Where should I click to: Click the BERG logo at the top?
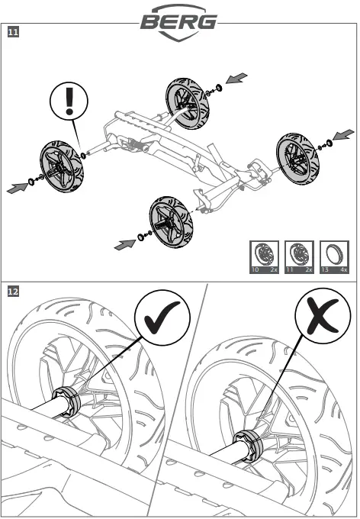point(178,22)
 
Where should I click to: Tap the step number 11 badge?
point(13,32)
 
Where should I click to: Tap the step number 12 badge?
point(13,292)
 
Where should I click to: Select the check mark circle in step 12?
point(162,318)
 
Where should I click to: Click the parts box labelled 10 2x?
point(264,257)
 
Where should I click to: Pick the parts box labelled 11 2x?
point(299,257)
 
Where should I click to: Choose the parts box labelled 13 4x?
point(334,257)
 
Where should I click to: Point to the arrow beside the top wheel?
point(236,78)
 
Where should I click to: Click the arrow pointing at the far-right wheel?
point(343,135)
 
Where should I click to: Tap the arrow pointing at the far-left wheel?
point(18,188)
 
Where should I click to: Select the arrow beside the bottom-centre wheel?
point(125,244)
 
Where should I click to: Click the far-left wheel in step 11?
point(62,167)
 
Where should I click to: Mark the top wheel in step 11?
point(188,104)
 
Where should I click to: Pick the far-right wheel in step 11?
point(297,160)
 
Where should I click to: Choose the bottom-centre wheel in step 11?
point(171,222)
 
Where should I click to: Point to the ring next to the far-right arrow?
point(329,143)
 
